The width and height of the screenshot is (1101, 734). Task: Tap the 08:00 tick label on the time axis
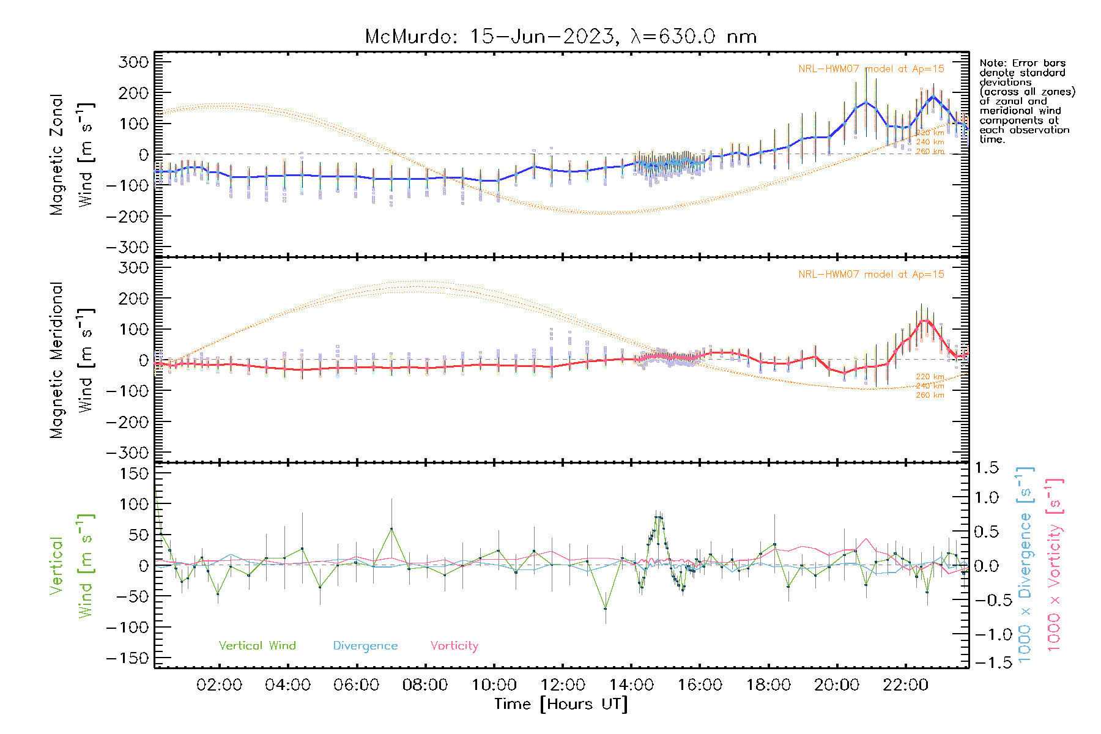click(424, 685)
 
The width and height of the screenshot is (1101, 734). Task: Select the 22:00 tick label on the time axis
click(905, 685)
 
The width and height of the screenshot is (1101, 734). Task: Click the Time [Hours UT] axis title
click(561, 704)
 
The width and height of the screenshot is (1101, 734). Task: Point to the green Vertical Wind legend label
click(257, 646)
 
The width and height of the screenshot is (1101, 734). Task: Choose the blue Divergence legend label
click(365, 646)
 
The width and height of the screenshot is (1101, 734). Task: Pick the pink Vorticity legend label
click(454, 646)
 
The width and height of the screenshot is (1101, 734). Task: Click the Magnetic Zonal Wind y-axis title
click(72, 154)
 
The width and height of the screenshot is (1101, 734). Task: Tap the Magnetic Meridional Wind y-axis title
click(72, 360)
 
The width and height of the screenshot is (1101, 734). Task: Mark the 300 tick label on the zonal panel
click(134, 62)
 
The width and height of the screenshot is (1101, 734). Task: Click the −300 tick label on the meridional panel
click(128, 453)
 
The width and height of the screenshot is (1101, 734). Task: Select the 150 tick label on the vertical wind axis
click(134, 473)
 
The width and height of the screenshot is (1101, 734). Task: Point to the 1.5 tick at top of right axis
click(986, 468)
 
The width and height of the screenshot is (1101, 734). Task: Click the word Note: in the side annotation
click(992, 63)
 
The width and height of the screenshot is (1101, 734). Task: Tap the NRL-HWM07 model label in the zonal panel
click(871, 69)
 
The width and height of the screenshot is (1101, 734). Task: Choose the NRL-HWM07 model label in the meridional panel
click(871, 275)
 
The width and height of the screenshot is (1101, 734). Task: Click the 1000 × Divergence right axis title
click(1025, 565)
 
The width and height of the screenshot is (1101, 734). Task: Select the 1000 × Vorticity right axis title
click(1054, 565)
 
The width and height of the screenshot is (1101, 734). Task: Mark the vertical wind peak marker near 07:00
click(391, 529)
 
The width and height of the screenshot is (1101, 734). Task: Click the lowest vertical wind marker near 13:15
click(606, 609)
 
